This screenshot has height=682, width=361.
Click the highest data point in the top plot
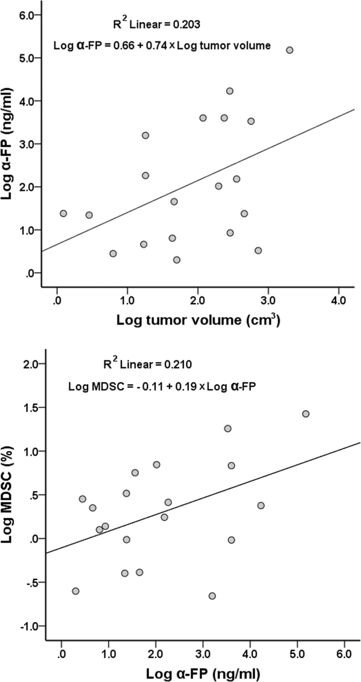pyautogui.click(x=289, y=50)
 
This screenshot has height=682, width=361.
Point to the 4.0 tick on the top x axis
pyautogui.click(x=338, y=302)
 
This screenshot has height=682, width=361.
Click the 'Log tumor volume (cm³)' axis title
pyautogui.click(x=198, y=320)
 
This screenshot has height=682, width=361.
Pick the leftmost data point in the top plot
pyautogui.click(x=64, y=213)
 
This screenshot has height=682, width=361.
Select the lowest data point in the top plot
pyautogui.click(x=177, y=260)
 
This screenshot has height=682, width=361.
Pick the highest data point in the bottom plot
pyautogui.click(x=306, y=414)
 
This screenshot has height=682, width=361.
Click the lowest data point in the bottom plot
pyautogui.click(x=212, y=596)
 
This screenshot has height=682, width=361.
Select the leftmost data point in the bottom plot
pyautogui.click(x=76, y=591)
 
